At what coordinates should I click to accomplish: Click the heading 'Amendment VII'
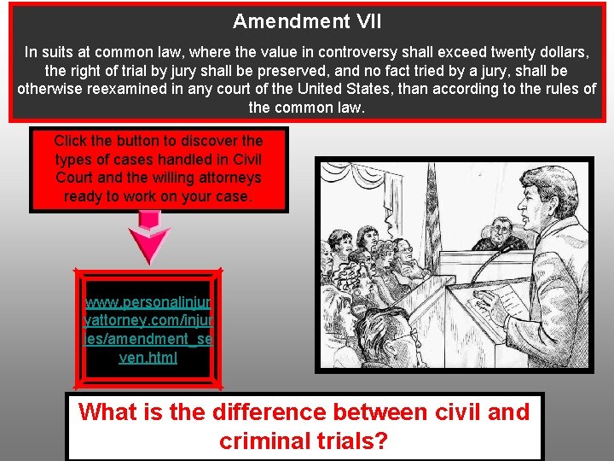(x=307, y=21)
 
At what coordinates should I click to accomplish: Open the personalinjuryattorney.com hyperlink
(x=148, y=330)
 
